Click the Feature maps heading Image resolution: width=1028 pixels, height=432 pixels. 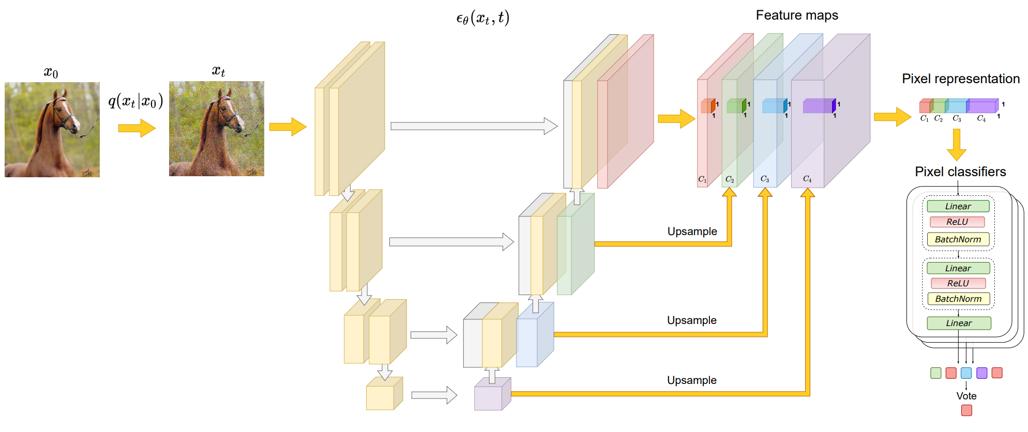click(797, 16)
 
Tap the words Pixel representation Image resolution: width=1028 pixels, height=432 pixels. click(961, 79)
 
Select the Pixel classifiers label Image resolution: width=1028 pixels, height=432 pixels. click(960, 172)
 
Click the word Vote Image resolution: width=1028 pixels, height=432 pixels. click(966, 396)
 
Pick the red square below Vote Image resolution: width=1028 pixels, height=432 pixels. click(966, 410)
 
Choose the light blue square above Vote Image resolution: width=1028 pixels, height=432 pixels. click(966, 373)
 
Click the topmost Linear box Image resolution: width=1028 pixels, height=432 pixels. click(958, 206)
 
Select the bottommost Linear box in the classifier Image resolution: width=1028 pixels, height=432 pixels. click(959, 323)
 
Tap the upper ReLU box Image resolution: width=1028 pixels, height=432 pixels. click(957, 222)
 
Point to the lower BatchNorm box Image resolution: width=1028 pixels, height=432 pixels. click(958, 299)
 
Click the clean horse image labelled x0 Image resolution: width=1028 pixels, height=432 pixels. click(52, 130)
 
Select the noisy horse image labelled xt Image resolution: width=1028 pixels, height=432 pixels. click(217, 129)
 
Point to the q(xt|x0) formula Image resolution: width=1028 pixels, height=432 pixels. click(135, 100)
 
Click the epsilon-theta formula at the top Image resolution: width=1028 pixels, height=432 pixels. click(483, 18)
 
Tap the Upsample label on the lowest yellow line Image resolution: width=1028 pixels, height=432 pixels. click(692, 380)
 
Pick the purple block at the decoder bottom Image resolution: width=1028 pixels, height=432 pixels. click(492, 394)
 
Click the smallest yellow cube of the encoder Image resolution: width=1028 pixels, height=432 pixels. click(384, 394)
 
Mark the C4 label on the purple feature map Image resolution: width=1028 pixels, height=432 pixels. click(807, 179)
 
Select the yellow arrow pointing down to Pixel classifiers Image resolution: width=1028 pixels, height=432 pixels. click(957, 145)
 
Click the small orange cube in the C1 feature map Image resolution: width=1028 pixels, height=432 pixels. click(708, 106)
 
